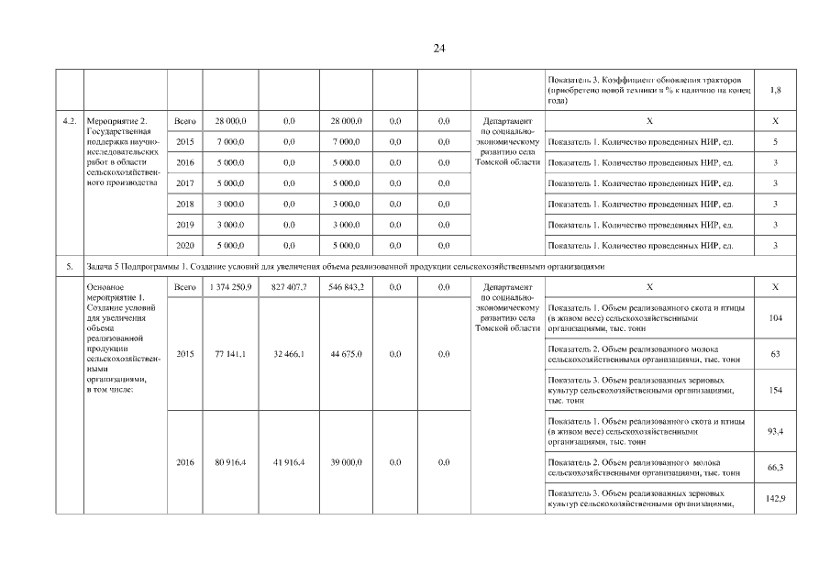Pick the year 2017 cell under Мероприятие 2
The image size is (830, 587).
pos(184,183)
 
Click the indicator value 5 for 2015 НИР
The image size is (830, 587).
pos(776,142)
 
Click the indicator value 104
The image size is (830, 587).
pos(776,316)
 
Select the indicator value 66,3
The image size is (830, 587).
pos(776,468)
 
